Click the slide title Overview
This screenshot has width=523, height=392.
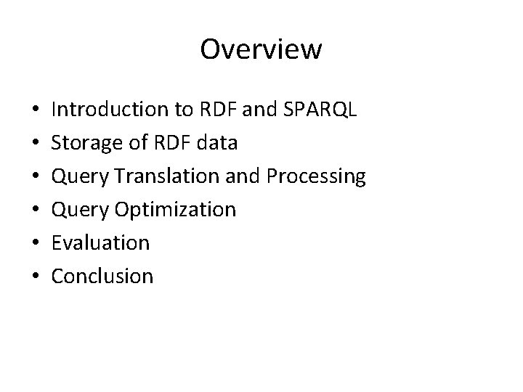click(261, 49)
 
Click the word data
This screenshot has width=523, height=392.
click(216, 142)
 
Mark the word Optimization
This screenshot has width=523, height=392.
click(174, 210)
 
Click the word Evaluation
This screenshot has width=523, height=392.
click(100, 242)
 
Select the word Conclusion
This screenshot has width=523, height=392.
click(102, 276)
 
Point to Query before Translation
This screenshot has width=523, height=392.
click(80, 176)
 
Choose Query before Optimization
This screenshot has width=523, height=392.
click(80, 210)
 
